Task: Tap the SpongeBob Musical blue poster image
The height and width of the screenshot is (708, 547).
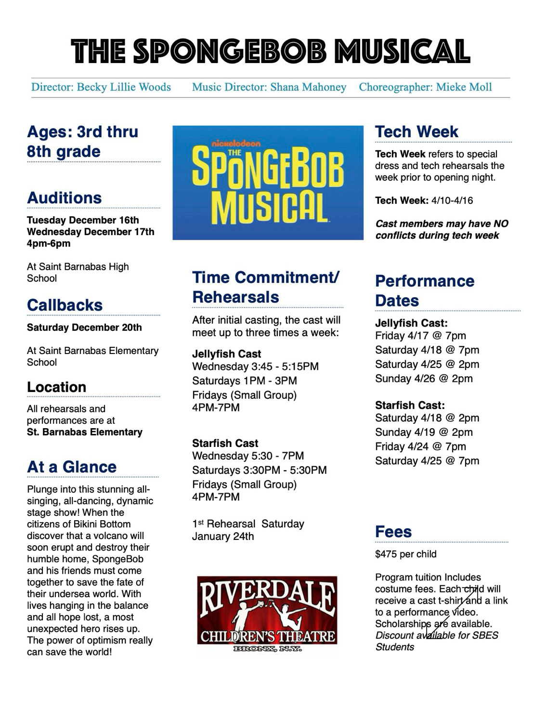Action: pos(268,183)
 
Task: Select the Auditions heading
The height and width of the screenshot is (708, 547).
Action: pos(65,197)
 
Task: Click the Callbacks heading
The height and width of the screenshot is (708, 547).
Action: pos(65,305)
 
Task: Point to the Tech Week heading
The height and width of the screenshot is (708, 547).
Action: pos(417,131)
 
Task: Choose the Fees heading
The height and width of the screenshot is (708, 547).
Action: pos(393,532)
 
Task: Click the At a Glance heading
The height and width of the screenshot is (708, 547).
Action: pos(72,467)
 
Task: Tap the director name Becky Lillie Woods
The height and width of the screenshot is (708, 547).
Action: pos(124,87)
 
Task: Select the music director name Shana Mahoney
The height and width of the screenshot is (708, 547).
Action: pos(308,87)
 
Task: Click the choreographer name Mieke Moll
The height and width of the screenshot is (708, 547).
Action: pos(464,87)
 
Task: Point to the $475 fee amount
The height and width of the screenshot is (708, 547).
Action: pos(386,554)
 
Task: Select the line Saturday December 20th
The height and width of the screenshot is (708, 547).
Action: pos(84,328)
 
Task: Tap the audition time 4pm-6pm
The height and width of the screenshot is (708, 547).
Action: pos(49,243)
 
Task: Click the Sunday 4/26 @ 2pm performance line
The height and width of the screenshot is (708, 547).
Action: pos(424,379)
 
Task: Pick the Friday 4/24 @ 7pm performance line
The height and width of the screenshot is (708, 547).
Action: pos(420,446)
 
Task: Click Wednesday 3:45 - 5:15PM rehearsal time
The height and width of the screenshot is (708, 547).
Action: pos(255,367)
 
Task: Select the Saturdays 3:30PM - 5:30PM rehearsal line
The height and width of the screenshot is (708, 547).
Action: pos(259,470)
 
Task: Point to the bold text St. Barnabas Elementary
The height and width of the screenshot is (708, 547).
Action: pos(85,432)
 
